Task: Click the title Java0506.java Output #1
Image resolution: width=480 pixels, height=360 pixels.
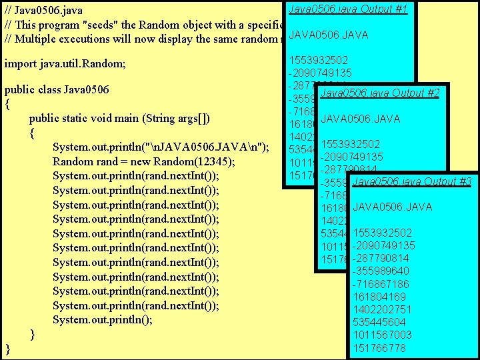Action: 349,9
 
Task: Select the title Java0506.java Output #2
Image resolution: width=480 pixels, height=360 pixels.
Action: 379,93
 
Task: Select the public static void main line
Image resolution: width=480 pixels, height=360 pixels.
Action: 119,119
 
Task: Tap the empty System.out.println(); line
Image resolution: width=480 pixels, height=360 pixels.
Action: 103,319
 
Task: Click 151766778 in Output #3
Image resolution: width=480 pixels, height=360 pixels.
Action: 379,348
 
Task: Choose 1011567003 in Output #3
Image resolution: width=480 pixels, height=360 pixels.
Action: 382,335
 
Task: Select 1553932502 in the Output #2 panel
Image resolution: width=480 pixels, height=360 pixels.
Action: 351,144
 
